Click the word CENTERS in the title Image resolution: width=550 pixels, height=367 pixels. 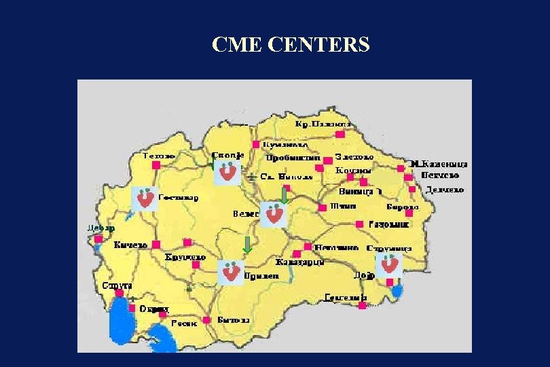click(x=319, y=45)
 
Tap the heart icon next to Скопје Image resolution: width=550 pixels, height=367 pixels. click(x=227, y=171)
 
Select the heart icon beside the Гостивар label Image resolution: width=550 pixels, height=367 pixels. click(x=145, y=198)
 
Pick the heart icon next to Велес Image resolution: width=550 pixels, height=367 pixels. click(x=275, y=215)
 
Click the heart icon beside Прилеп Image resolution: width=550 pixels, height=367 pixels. click(x=230, y=272)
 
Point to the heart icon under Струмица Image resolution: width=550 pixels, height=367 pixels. click(x=390, y=264)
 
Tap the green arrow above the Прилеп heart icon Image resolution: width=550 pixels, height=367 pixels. click(x=248, y=245)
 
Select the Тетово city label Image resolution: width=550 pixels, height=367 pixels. click(x=160, y=156)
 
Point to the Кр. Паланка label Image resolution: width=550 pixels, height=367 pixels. click(x=324, y=124)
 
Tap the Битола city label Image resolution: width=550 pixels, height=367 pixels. click(x=234, y=319)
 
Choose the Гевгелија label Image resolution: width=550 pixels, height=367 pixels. click(x=345, y=297)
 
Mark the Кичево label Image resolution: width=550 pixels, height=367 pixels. click(x=131, y=245)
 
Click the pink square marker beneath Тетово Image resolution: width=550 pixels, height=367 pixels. click(x=155, y=165)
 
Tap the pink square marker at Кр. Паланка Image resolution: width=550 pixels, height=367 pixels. click(x=340, y=135)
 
